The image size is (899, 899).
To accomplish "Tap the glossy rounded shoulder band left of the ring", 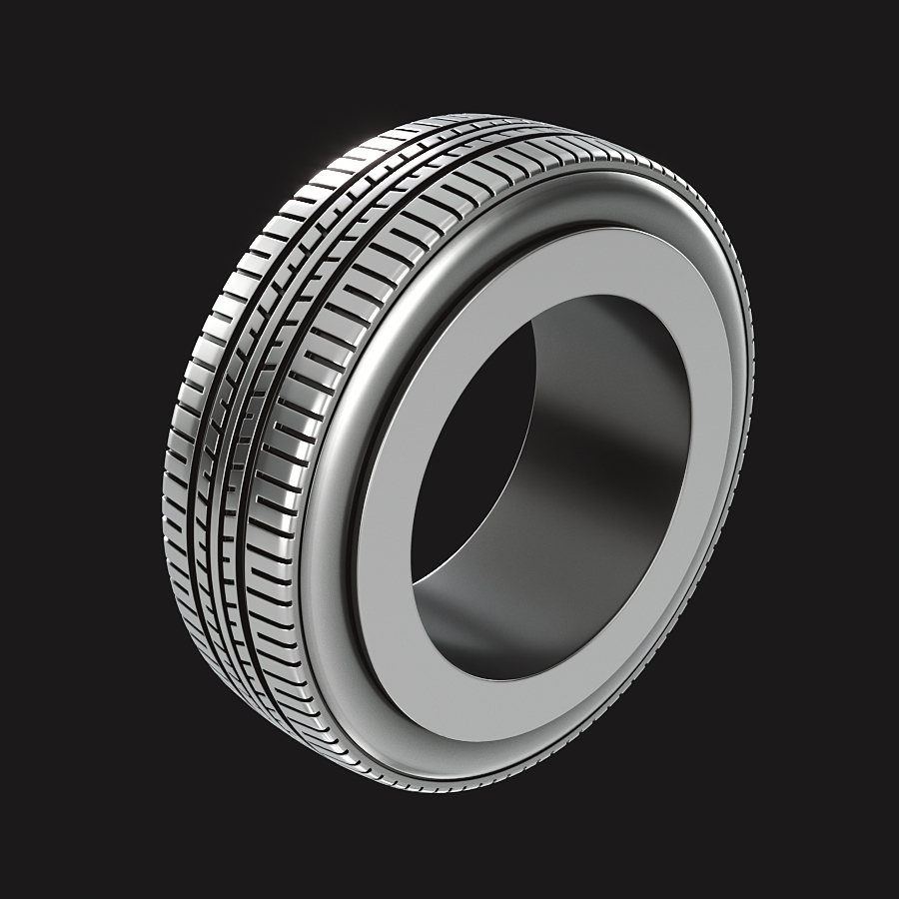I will click(330, 519).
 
